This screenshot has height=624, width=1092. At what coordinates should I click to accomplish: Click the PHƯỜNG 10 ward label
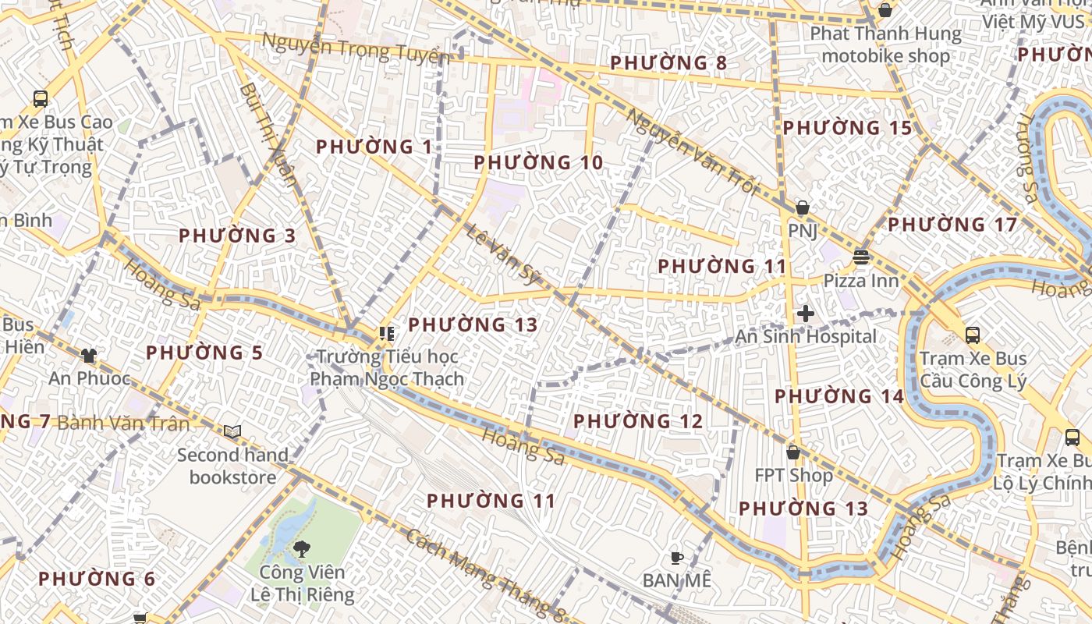538,163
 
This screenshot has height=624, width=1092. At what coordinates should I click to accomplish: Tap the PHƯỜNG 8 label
668,63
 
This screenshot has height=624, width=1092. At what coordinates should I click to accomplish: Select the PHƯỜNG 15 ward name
847,128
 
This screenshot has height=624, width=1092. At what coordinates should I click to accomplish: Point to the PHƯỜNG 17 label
952,225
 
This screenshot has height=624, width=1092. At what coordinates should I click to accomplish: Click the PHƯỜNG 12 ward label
638,421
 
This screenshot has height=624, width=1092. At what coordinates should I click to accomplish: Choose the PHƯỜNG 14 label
838,396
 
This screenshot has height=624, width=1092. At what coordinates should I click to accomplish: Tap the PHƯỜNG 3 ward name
237,236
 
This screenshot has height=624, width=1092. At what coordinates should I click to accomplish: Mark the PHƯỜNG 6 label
97,579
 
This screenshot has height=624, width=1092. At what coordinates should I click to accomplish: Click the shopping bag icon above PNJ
802,207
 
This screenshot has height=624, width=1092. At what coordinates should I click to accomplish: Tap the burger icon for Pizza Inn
861,257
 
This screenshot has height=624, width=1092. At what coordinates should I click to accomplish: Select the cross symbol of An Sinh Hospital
806,314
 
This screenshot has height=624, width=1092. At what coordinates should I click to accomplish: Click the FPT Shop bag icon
793,452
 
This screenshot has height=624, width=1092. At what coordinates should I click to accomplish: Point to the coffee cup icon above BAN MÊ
677,558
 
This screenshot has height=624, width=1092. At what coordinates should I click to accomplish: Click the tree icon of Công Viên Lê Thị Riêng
301,548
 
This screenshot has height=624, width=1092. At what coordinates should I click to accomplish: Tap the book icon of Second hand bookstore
232,431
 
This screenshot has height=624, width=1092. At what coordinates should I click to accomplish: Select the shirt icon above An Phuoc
89,356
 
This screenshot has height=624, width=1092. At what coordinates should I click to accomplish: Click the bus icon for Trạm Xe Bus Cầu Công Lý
973,335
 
